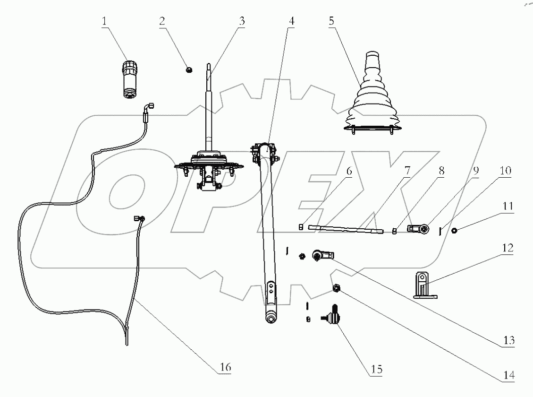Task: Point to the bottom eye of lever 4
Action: pyautogui.click(x=271, y=319)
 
